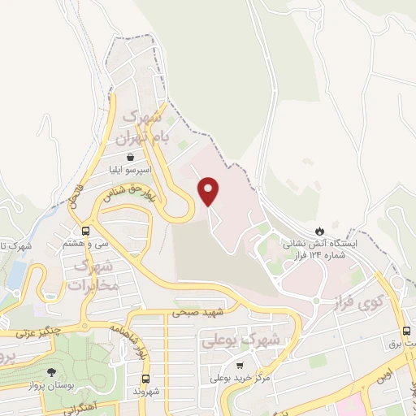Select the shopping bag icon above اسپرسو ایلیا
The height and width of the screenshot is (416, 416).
[129, 158]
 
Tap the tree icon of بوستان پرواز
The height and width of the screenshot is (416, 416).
[52, 372]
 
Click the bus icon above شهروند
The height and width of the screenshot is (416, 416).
[146, 379]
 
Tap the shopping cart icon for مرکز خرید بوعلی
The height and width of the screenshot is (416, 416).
[239, 365]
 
